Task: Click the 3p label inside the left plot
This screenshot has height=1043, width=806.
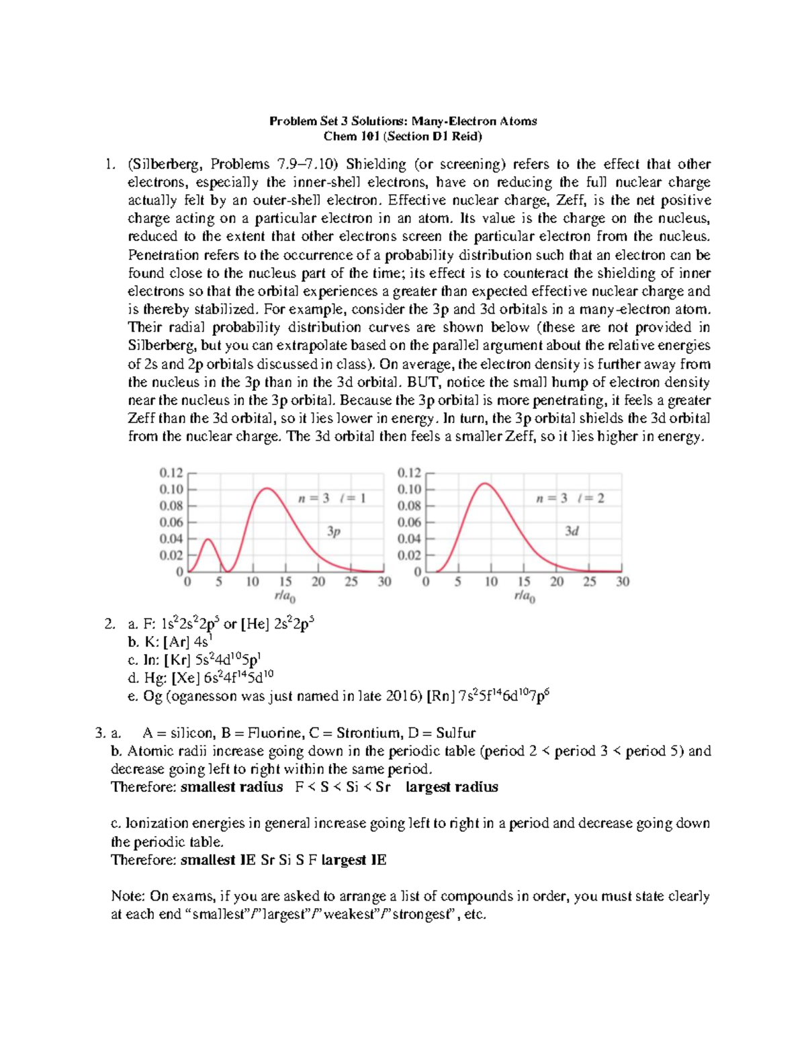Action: [334, 531]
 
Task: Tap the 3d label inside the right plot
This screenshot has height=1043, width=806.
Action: [572, 531]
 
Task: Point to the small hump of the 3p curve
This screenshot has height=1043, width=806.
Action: [208, 540]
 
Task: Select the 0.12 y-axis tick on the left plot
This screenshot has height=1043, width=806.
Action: [171, 473]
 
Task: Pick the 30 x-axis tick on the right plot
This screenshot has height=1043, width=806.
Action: [623, 582]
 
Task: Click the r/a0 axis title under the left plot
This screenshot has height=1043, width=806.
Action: [285, 596]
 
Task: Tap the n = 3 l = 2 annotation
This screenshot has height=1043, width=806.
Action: [570, 498]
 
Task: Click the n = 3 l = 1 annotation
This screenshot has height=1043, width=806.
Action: [332, 498]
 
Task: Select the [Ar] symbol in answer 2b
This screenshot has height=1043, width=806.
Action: [177, 642]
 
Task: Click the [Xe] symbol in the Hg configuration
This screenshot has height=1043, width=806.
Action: [186, 678]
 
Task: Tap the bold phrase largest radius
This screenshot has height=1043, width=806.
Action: [452, 787]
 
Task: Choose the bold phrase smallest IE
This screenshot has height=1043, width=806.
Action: [218, 860]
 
